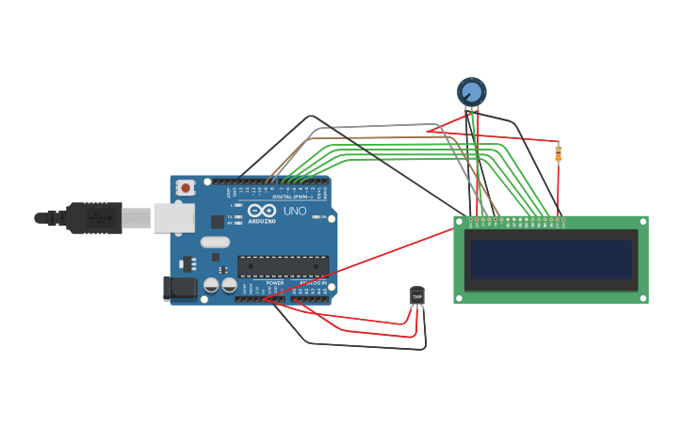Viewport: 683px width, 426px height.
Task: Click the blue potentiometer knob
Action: [x=472, y=91]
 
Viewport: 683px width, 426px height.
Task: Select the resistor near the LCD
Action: [x=558, y=153]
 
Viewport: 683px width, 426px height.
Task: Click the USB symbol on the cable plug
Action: [x=98, y=217]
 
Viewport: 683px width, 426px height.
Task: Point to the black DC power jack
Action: [x=180, y=288]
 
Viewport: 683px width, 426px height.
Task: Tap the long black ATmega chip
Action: [x=283, y=266]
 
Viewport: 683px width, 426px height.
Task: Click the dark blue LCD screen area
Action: [x=551, y=260]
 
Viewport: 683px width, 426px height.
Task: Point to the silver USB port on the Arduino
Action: [x=174, y=217]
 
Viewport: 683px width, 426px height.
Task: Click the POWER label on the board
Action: [x=274, y=282]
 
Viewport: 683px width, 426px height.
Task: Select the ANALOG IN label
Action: [x=313, y=282]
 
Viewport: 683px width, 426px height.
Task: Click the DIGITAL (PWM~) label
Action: [x=293, y=196]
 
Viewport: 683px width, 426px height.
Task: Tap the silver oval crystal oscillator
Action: [x=215, y=242]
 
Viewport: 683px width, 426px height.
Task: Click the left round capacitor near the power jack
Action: [x=212, y=284]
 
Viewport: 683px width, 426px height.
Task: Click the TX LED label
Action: [x=231, y=216]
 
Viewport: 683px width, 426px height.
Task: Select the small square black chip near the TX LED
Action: [x=218, y=222]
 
